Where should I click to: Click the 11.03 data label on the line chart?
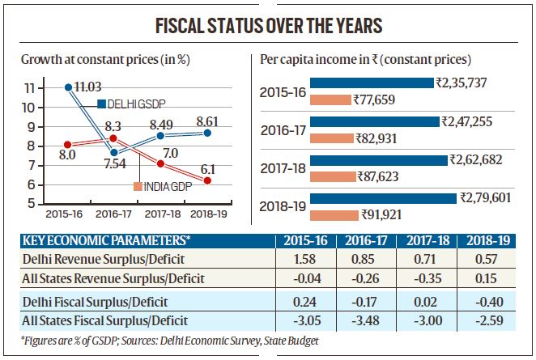pos(83,87)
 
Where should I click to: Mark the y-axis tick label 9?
pos(29,127)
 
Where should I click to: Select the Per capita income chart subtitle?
pos(366,60)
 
